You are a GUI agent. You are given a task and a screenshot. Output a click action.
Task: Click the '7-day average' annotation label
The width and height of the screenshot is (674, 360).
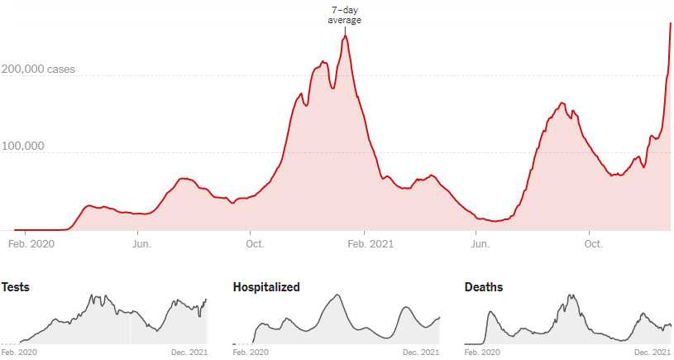[x=345, y=15]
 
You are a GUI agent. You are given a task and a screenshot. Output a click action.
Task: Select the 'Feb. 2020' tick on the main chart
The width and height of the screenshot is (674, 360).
[x=31, y=243]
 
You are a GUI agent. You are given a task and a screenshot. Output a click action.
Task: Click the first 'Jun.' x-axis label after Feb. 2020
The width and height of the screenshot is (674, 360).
[x=141, y=243]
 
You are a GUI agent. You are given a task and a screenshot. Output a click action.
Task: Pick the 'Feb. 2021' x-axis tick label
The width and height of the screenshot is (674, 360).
[x=370, y=243]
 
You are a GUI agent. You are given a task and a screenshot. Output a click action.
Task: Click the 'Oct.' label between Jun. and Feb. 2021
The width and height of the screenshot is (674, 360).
[x=255, y=243]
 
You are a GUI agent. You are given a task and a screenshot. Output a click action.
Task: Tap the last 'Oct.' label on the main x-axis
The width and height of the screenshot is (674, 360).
[x=593, y=243]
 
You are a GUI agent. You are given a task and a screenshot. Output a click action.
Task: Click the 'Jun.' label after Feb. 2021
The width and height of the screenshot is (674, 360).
[x=480, y=243]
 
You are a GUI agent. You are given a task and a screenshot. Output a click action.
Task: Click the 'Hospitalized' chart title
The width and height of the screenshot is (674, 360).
[x=266, y=287]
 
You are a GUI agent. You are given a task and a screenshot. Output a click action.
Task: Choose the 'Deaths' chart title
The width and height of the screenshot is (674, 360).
[x=484, y=287]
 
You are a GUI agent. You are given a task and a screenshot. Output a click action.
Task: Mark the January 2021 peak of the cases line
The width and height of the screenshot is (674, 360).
[x=346, y=36]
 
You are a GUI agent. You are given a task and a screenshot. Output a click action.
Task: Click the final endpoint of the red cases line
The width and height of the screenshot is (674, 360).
[x=670, y=23]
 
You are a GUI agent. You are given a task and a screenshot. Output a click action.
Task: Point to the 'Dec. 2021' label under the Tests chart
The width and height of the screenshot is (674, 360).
[x=189, y=353]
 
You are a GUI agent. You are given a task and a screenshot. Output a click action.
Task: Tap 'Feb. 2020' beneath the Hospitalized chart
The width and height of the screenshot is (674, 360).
[x=251, y=353]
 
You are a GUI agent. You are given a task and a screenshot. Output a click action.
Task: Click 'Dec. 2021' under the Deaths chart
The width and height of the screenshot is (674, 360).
[x=653, y=353]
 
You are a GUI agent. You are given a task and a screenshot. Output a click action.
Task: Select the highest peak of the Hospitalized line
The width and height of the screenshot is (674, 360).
[x=337, y=295]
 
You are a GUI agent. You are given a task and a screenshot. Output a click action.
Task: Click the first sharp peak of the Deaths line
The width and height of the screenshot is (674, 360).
[x=490, y=312]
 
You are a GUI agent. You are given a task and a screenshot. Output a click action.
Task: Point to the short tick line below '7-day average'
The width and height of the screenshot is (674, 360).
[x=345, y=29]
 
